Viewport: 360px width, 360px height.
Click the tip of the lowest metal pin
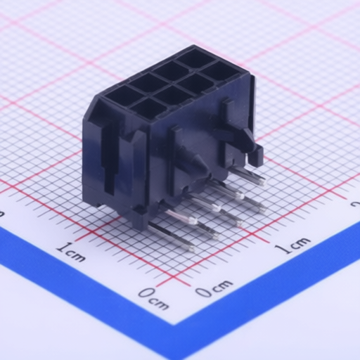coord(192,248)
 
